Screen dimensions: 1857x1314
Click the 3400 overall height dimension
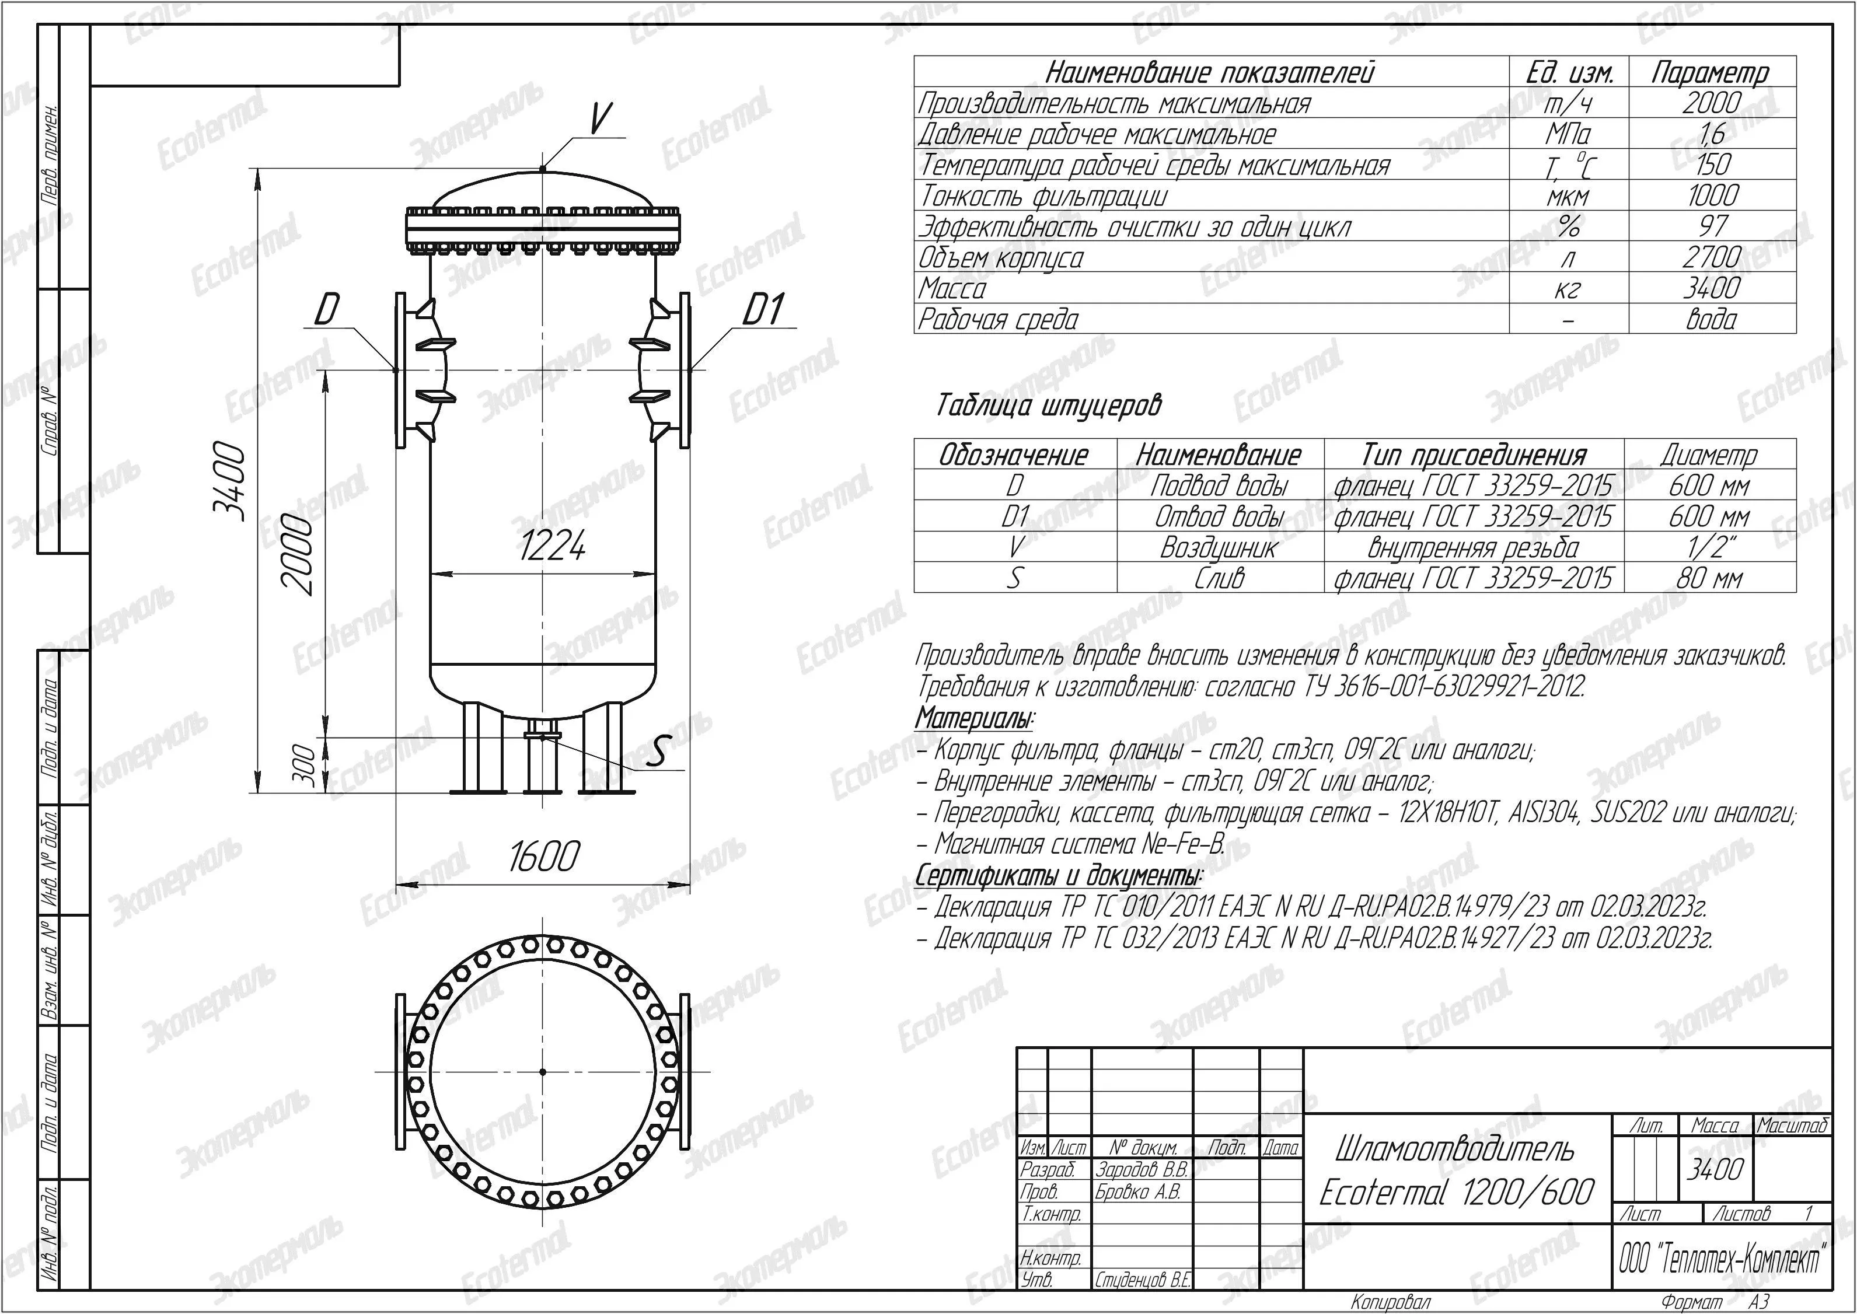coord(229,481)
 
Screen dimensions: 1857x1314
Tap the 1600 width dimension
coord(544,856)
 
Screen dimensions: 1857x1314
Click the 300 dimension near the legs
coord(303,764)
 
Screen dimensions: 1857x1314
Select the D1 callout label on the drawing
coord(763,309)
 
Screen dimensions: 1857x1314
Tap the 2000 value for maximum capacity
coord(1711,103)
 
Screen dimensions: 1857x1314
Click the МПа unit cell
coord(1568,134)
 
